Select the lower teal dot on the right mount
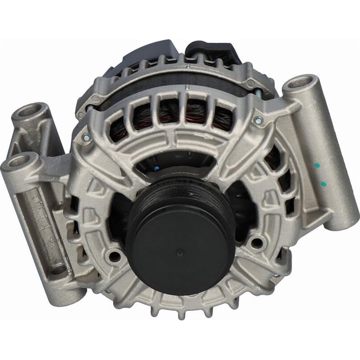tap(322, 184)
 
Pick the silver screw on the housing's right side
tap(257, 119)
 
